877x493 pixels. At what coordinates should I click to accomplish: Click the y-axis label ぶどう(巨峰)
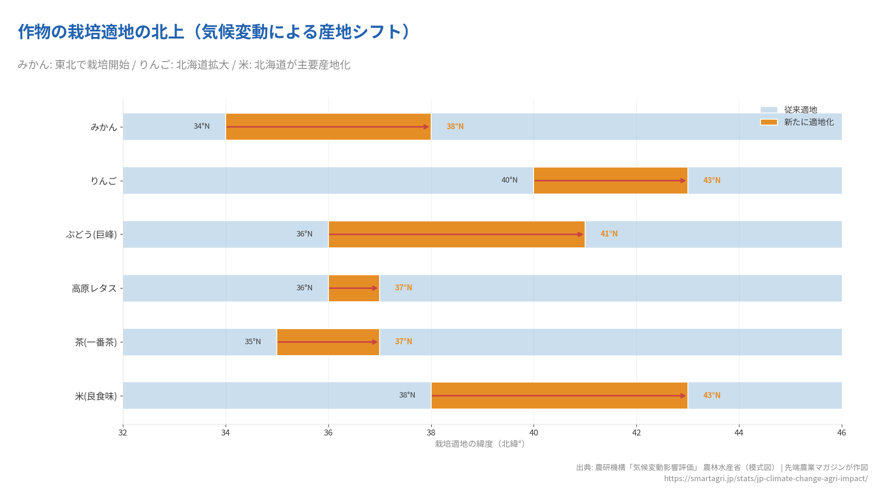91,235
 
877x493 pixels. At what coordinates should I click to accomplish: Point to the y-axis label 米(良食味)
96,396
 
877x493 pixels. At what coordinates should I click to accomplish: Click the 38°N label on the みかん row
455,126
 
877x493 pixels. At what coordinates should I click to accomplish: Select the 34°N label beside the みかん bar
201,126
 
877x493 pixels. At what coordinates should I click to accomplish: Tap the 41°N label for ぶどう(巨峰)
609,234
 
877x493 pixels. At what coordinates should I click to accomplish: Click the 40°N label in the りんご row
509,180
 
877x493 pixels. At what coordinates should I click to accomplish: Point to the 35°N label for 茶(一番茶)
253,341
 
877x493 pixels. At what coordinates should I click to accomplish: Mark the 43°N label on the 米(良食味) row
712,395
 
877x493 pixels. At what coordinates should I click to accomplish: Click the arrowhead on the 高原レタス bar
375,288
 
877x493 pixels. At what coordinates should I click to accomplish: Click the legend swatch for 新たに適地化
769,122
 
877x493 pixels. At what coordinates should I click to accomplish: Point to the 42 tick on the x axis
636,432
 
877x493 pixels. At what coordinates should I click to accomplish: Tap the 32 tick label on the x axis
122,432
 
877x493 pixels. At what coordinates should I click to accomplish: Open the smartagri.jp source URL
766,478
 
